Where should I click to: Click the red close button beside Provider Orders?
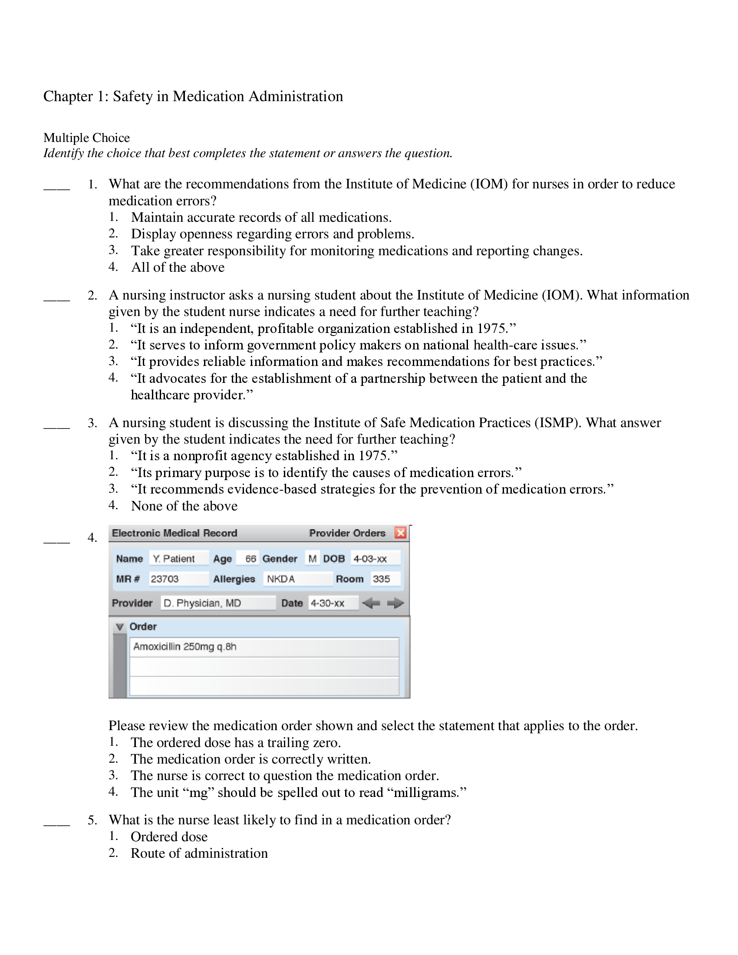[400, 533]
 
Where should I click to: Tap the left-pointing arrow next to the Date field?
[371, 603]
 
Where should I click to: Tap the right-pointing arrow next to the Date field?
[395, 603]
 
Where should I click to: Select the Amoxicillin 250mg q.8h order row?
[264, 647]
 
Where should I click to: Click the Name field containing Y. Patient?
[179, 558]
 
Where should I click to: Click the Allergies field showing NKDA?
[297, 579]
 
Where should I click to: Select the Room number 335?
[385, 579]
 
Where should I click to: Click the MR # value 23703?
[178, 579]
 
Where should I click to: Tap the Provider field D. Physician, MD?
[218, 603]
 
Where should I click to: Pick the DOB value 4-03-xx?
[375, 558]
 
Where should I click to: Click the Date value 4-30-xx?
[332, 603]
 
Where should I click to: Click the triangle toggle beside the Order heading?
[120, 626]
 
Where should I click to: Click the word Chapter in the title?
[68, 96]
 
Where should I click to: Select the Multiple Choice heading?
[86, 138]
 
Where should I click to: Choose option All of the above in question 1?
[178, 267]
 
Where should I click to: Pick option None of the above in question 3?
[184, 506]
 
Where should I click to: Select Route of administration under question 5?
[199, 853]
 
